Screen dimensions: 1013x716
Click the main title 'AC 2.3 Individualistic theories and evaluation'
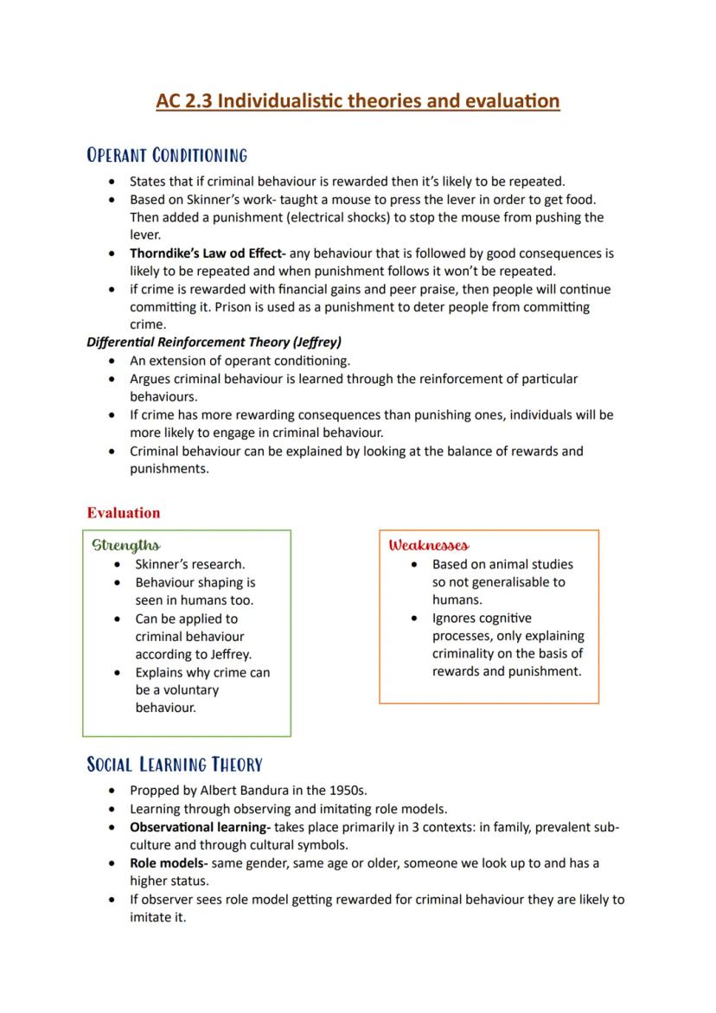(358, 101)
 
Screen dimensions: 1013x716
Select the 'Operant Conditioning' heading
(167, 156)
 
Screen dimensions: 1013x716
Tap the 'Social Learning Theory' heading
(175, 765)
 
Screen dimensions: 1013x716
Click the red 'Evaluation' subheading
(124, 513)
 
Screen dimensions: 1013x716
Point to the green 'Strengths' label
(126, 545)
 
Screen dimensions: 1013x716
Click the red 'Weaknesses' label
(429, 545)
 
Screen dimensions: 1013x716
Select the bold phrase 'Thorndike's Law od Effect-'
(208, 253)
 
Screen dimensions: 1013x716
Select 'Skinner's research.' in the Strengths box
(189, 564)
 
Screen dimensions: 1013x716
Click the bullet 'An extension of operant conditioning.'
(240, 361)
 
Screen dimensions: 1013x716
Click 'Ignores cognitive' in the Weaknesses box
(482, 619)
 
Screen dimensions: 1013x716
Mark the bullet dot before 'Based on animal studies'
(416, 565)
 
